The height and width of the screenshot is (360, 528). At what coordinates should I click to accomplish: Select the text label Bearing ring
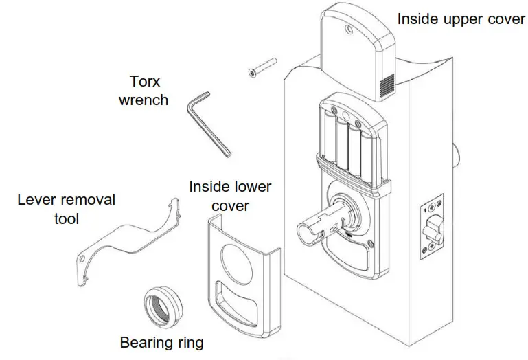[161, 342]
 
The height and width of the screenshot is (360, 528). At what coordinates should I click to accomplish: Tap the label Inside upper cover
[461, 19]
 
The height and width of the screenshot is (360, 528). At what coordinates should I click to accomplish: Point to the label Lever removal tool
[67, 210]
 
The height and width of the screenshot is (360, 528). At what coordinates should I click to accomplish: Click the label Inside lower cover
[229, 196]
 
